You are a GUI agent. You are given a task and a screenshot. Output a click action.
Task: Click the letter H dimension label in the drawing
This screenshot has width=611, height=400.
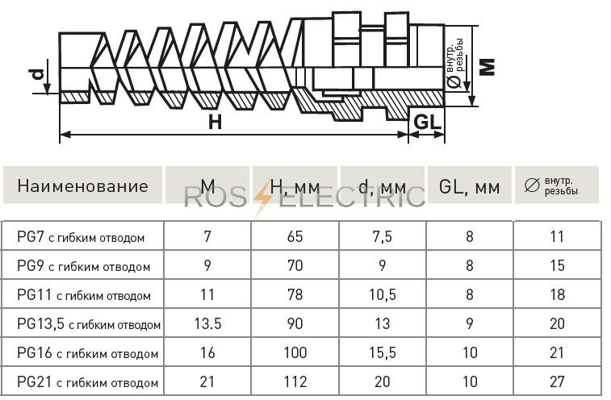215,122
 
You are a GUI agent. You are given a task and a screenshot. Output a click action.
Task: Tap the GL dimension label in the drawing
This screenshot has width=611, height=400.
428,123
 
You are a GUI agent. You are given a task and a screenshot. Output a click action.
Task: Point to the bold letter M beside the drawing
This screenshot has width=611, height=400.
487,67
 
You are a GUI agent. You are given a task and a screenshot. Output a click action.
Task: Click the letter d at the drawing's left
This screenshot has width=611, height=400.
38,73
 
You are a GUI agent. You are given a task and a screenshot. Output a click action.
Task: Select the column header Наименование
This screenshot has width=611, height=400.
82,186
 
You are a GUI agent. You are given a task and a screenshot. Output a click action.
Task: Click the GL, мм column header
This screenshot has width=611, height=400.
469,187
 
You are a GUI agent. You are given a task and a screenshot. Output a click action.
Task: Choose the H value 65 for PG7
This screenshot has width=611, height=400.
295,236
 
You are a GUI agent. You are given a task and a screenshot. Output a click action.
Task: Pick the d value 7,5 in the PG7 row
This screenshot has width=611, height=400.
382,237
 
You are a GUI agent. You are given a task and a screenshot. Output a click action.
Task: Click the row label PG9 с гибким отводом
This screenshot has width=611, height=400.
83,266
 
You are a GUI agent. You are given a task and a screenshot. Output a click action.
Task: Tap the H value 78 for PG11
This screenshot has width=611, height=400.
295,294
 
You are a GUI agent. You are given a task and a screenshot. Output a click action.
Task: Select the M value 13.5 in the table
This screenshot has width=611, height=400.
207,323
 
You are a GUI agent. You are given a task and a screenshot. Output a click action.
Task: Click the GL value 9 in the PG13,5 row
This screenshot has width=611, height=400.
470,323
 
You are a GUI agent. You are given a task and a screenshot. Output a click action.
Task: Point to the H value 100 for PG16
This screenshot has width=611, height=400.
295,352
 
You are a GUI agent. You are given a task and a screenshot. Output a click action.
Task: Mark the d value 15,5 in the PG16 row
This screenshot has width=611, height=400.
383,353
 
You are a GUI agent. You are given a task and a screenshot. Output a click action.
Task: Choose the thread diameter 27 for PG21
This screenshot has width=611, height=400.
557,381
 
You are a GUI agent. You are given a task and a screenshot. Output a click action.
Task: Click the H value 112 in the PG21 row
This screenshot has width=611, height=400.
295,381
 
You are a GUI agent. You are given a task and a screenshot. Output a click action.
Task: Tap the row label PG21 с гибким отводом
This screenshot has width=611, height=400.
88,382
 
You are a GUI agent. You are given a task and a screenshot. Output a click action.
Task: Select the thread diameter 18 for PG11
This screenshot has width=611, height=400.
557,294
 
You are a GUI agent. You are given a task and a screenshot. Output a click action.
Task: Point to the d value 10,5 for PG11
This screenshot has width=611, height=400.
383,295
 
